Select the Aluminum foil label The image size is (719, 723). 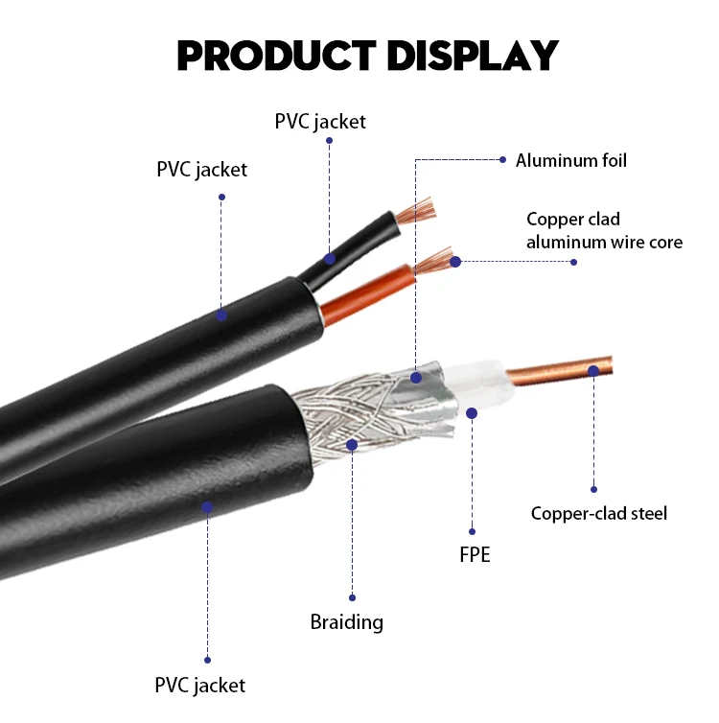click(570, 160)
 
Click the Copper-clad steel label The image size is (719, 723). click(598, 513)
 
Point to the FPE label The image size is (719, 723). click(473, 554)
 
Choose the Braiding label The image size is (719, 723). click(346, 621)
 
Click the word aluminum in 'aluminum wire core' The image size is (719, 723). click(567, 242)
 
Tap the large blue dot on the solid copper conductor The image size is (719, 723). click(593, 370)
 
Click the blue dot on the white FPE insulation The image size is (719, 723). click(472, 412)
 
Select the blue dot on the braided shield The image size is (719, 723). click(352, 445)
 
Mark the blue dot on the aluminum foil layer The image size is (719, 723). click(416, 378)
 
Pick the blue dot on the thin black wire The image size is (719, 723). click(329, 259)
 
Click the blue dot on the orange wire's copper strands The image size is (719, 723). click(455, 261)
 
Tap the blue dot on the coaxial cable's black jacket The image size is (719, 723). click(206, 506)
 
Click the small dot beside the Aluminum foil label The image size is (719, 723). click(501, 159)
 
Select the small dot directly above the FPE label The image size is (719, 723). click(473, 530)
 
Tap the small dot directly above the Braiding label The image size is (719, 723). click(352, 596)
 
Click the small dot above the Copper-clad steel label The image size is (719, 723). click(593, 489)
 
